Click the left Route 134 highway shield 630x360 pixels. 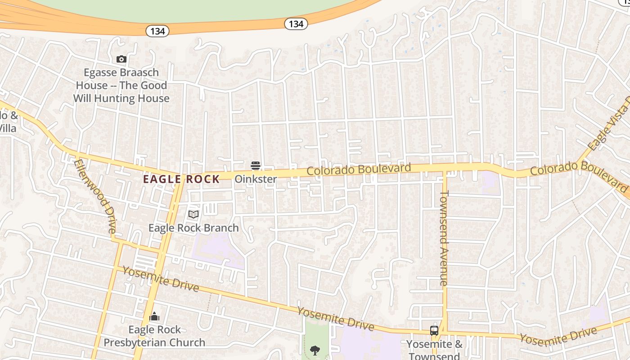pos(157,31)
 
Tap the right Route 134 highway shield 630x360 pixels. pos(296,24)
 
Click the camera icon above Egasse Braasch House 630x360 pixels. pos(121,59)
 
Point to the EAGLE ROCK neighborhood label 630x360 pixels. pos(181,179)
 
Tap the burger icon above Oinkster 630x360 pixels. pos(256,166)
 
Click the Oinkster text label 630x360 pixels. pos(256,179)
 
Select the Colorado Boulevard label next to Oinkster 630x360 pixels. pos(359,170)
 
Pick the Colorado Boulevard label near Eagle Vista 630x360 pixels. pos(579,173)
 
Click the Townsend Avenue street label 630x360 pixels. pos(444,238)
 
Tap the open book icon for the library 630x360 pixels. pos(193,215)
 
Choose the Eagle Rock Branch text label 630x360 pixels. pos(193,228)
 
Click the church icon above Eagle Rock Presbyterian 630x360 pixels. pos(154,317)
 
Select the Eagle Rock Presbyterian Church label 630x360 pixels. pos(154,336)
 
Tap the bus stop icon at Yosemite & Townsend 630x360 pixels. pos(434,331)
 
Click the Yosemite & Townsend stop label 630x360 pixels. pos(434,350)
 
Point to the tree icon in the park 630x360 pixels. pos(315,350)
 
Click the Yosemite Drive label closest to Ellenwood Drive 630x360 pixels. pos(160,279)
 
